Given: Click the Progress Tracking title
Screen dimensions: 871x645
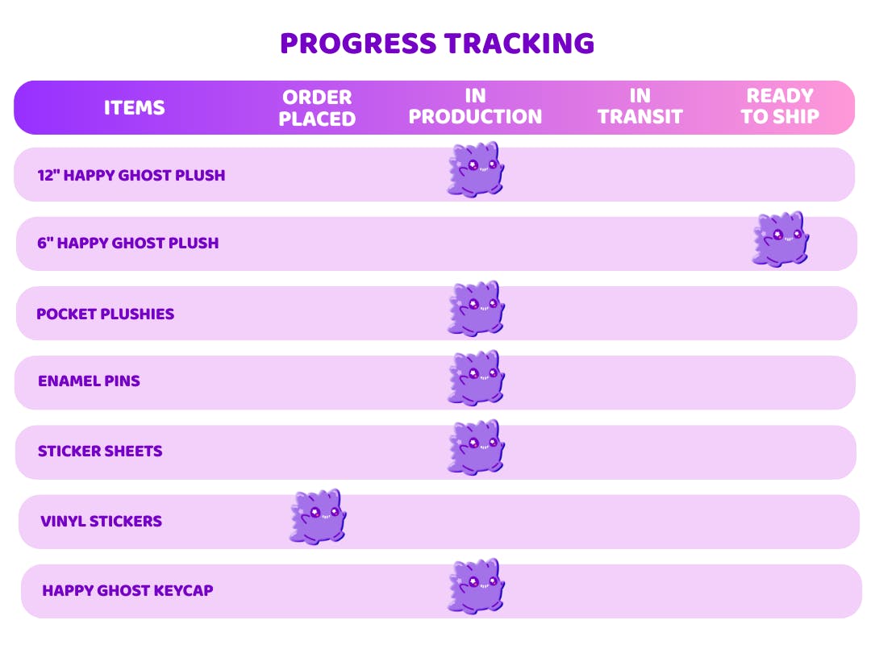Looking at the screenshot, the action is (x=437, y=44).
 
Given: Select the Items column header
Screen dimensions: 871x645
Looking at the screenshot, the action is (x=135, y=107).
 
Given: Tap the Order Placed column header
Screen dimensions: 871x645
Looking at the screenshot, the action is (x=317, y=108).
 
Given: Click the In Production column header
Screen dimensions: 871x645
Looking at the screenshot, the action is (x=475, y=106).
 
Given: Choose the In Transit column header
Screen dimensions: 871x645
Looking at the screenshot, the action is (x=640, y=106).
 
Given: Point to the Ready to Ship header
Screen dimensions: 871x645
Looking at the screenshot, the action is (x=780, y=106).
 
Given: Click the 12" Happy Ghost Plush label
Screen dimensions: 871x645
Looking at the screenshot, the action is (x=131, y=175).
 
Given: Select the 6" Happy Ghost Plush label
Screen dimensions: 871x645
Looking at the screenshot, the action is (x=127, y=243).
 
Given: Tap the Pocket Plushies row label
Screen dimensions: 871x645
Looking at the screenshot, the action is (x=106, y=314).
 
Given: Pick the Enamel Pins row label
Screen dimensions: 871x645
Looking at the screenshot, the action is (x=89, y=381).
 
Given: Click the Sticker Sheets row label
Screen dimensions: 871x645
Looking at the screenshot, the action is (x=100, y=451).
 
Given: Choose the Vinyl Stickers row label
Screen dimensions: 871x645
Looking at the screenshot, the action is (x=101, y=521).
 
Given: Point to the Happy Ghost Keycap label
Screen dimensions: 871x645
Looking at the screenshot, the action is (x=127, y=590).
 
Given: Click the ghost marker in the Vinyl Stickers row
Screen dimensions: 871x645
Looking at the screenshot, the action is (x=318, y=517).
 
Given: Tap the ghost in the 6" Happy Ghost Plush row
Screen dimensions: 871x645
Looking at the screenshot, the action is (x=781, y=239).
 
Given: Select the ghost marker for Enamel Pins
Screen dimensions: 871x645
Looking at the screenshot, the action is (x=476, y=378).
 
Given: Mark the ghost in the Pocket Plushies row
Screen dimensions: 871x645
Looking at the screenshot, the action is (x=476, y=308).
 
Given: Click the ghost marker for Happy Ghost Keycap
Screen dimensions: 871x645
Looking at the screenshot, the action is (x=476, y=586).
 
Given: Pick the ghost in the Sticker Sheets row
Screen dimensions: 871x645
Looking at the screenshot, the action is (x=476, y=447).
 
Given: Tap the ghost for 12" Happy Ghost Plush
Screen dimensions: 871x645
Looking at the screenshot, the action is (x=476, y=169).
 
